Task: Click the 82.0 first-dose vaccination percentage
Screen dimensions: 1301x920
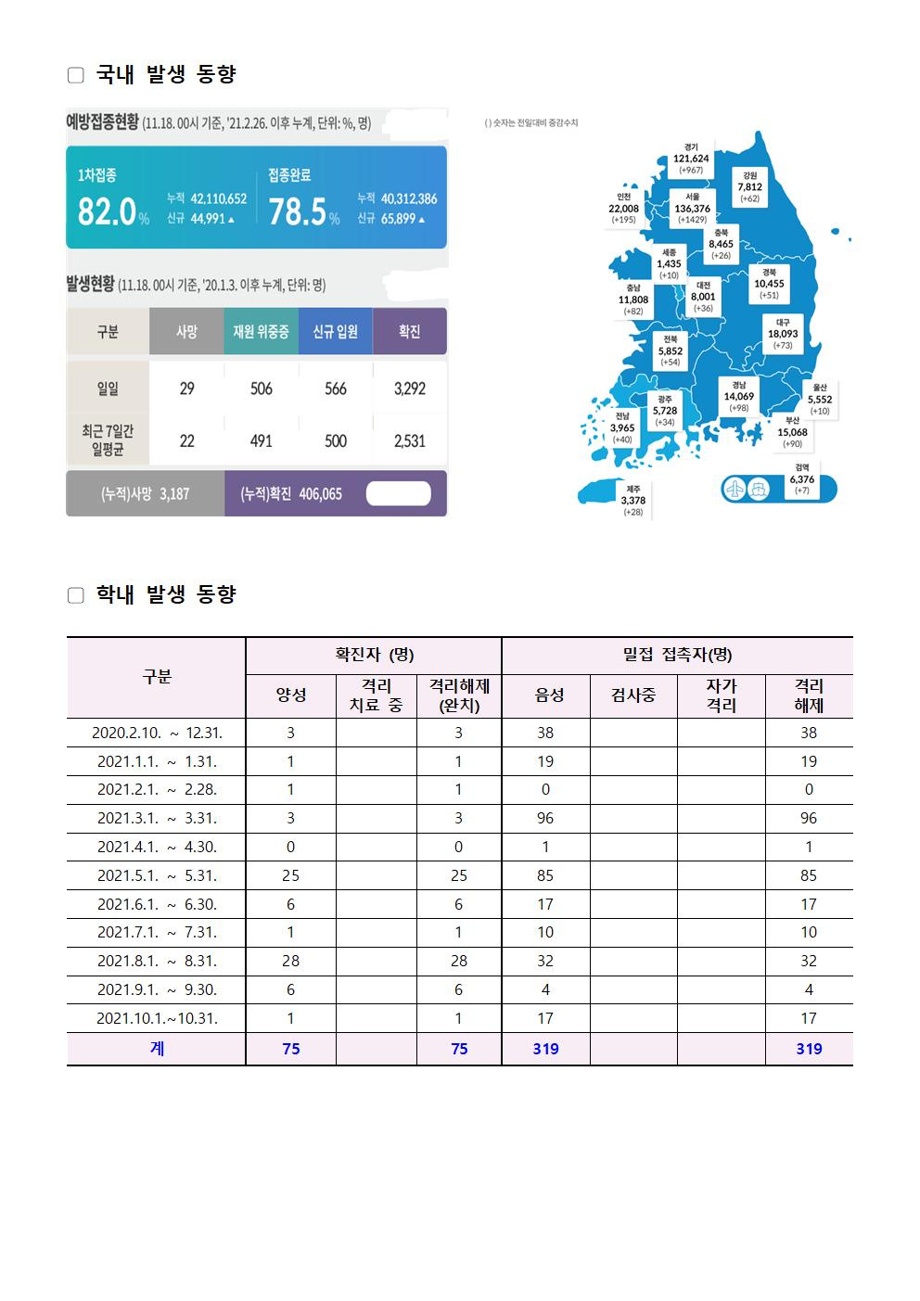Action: coord(107,211)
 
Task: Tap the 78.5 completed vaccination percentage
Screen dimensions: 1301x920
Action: coord(298,211)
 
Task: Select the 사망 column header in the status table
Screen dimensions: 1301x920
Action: coord(186,331)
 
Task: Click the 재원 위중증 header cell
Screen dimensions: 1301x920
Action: coord(261,331)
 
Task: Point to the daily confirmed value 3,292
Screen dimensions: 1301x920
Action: coord(409,389)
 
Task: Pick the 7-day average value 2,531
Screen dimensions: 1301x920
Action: coord(409,440)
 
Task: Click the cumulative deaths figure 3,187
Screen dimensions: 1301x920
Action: coord(174,494)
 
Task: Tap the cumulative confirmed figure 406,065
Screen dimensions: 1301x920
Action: coord(320,494)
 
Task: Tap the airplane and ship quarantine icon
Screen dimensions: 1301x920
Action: coord(746,488)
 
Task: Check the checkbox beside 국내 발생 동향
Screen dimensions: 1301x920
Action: coord(76,75)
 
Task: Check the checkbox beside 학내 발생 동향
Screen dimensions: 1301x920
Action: coord(76,595)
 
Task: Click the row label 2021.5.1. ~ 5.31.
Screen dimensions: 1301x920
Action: coord(157,875)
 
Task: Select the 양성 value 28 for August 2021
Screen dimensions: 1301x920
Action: coord(290,961)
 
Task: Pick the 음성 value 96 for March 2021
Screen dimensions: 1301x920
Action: coord(545,818)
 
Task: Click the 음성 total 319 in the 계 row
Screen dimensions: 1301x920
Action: coord(545,1049)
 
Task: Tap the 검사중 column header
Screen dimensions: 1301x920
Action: coord(633,695)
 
